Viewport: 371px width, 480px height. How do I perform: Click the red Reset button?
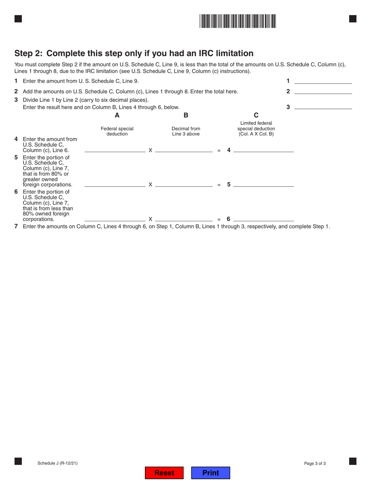[164, 473]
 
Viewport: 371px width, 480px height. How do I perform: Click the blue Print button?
[210, 473]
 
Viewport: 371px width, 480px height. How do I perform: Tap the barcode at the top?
[237, 21]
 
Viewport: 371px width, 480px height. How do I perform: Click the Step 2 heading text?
[134, 53]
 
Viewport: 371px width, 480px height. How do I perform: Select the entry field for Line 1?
[323, 81]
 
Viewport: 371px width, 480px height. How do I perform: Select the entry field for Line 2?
[323, 91]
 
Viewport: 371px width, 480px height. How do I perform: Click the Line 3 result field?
[323, 106]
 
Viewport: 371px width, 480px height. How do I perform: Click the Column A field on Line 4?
[115, 149]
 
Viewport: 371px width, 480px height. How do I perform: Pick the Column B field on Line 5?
[184, 184]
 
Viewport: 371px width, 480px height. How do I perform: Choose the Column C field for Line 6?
[263, 218]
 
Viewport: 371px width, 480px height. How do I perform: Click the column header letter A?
[117, 115]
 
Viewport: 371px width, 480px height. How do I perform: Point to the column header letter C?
[256, 115]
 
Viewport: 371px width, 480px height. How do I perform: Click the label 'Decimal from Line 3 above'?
[186, 131]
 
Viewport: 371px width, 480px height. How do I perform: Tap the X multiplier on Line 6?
[150, 219]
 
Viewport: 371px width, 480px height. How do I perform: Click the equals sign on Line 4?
[219, 150]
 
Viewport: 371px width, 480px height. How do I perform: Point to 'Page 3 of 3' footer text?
[315, 464]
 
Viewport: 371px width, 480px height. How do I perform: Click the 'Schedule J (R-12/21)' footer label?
[57, 463]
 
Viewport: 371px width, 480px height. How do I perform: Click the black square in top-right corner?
[353, 19]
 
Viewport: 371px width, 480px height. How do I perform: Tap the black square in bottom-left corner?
[18, 461]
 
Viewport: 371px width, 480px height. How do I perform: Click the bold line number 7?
[16, 226]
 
